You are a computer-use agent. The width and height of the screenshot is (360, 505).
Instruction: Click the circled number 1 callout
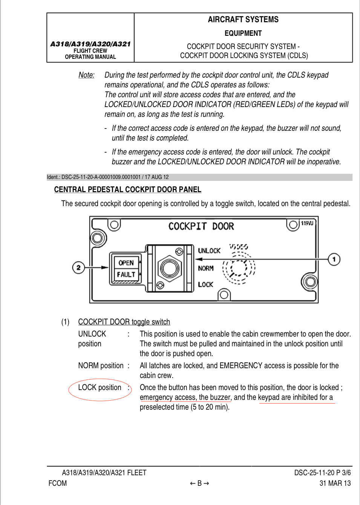pyautogui.click(x=334, y=259)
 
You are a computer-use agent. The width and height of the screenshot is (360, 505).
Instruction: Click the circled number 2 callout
pyautogui.click(x=78, y=267)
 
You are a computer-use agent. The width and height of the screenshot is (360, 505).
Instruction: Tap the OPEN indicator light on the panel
pyautogui.click(x=126, y=263)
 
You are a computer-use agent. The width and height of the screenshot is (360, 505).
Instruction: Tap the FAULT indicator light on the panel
pyautogui.click(x=126, y=275)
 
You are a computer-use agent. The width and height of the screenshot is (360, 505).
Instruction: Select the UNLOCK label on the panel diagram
pyautogui.click(x=209, y=251)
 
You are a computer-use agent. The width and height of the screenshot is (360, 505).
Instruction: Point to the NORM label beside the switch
pyautogui.click(x=206, y=268)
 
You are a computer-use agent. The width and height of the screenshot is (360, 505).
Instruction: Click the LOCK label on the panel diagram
pyautogui.click(x=205, y=285)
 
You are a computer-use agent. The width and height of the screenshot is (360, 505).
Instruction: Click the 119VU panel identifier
pyautogui.click(x=307, y=223)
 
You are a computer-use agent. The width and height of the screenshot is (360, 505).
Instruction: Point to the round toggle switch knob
pyautogui.click(x=169, y=268)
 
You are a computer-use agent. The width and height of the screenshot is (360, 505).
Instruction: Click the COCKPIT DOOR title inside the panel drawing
pyautogui.click(x=201, y=226)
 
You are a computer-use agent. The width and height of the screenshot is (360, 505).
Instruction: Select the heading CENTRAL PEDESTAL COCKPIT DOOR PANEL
pyautogui.click(x=128, y=189)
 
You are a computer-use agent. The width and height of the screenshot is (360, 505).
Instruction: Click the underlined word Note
pyautogui.click(x=86, y=75)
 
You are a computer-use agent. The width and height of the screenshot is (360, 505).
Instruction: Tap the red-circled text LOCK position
pyautogui.click(x=100, y=387)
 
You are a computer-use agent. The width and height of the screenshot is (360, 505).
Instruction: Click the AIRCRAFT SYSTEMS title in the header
pyautogui.click(x=243, y=19)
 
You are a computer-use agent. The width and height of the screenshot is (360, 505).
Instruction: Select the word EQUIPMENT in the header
pyautogui.click(x=243, y=33)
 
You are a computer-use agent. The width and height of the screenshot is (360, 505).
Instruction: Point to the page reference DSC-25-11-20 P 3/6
pyautogui.click(x=322, y=473)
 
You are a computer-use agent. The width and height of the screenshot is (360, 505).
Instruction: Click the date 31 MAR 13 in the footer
pyautogui.click(x=335, y=483)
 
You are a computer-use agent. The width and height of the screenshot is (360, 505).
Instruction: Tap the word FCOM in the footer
pyautogui.click(x=58, y=483)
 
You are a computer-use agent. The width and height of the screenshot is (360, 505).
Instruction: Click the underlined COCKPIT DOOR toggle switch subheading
pyautogui.click(x=124, y=322)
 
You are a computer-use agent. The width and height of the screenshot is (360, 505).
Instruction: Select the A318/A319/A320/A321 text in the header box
pyautogui.click(x=90, y=44)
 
